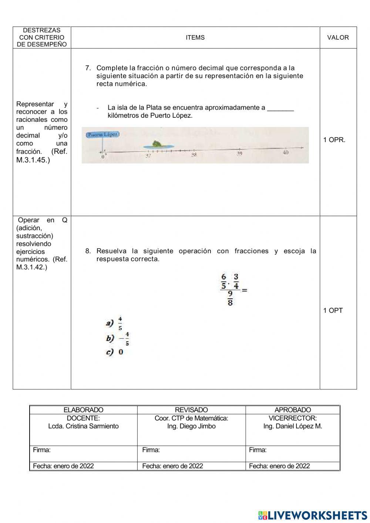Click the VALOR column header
pos(338,37)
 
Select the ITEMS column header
pos(195,37)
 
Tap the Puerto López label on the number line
pos(103,135)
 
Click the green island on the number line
pos(156,144)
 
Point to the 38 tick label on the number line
pos(194,155)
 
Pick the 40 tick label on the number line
pos(286,152)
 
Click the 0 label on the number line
pos(103,157)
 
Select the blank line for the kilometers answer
pos(280,108)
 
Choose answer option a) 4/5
pos(115,323)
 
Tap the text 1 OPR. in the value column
pos(334,140)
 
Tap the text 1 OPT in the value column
pos(333,311)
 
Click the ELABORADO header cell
pos(83,410)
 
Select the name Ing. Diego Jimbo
pos(191,426)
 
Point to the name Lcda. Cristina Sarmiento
pos(83,426)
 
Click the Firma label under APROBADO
pos(258,450)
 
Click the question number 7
pos(88,68)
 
